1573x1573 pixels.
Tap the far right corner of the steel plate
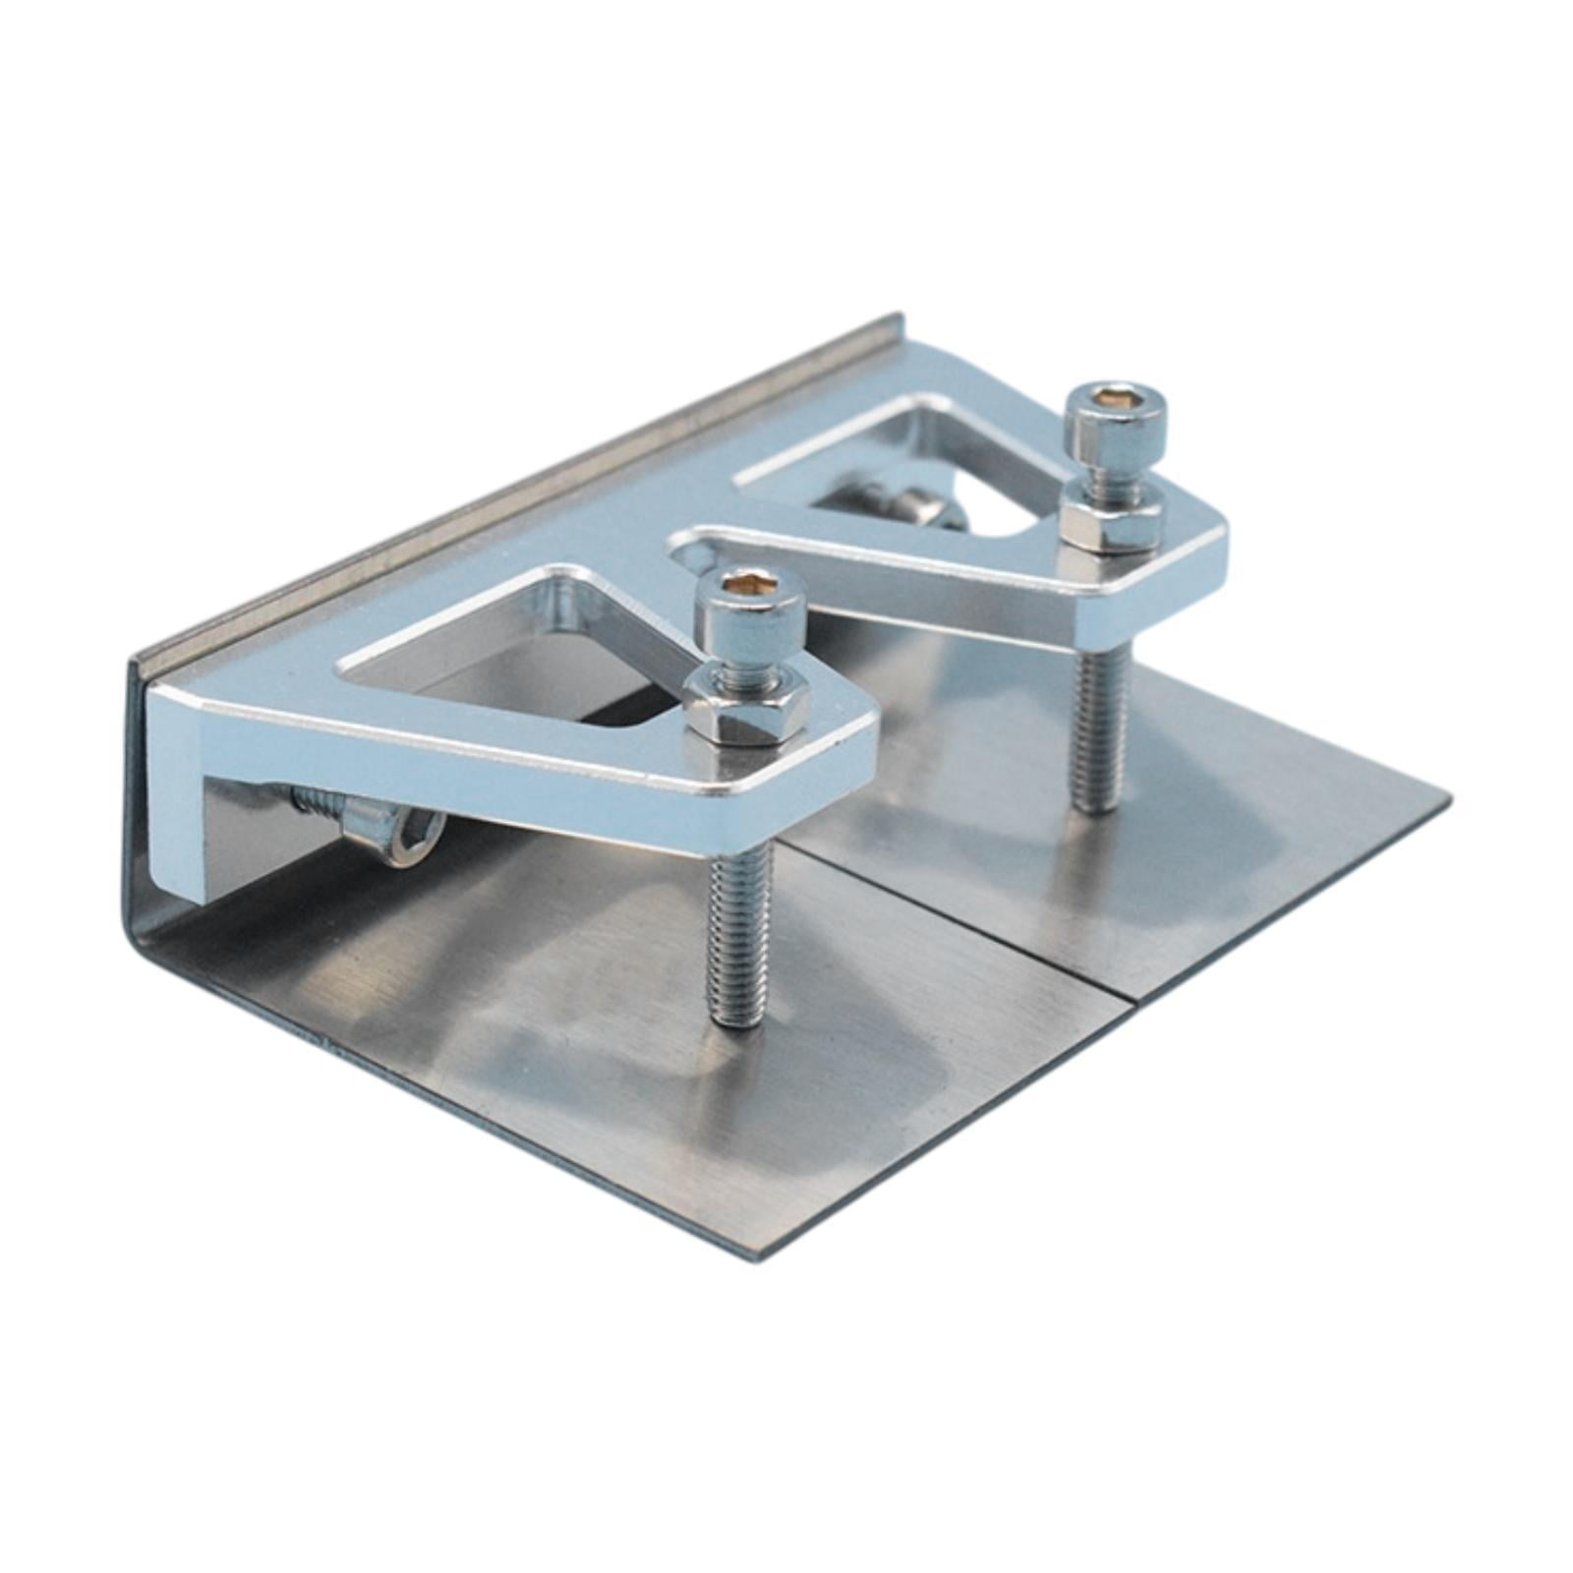point(1447,793)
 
